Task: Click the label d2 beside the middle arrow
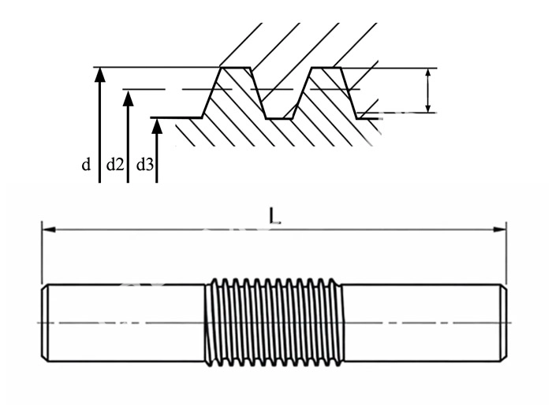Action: (x=115, y=165)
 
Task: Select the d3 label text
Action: (x=144, y=165)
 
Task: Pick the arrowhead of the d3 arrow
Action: (x=157, y=124)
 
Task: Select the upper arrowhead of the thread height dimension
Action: (x=427, y=73)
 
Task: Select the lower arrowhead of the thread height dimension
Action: (x=427, y=108)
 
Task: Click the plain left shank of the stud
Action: (x=126, y=322)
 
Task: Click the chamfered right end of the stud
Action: (x=502, y=322)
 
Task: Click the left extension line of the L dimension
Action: (x=41, y=252)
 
